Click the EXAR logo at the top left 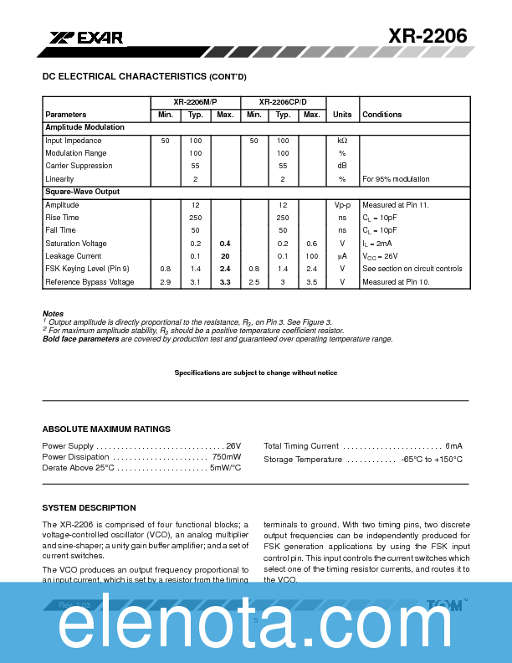coord(86,38)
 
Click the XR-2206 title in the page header coord(427,35)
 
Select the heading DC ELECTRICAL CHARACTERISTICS coord(144,76)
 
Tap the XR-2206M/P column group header coord(195,102)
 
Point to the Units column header coord(342,115)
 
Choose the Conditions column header coord(381,115)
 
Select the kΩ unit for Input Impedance coord(342,141)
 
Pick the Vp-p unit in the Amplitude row coord(342,205)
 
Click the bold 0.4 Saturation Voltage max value coord(225,244)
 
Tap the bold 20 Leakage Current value coord(225,256)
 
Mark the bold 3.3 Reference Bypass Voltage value coord(225,282)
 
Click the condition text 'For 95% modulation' coord(396,179)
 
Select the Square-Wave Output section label coord(82,192)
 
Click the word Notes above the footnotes coord(52,314)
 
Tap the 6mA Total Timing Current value coord(453,446)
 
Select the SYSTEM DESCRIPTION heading coord(89,508)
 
